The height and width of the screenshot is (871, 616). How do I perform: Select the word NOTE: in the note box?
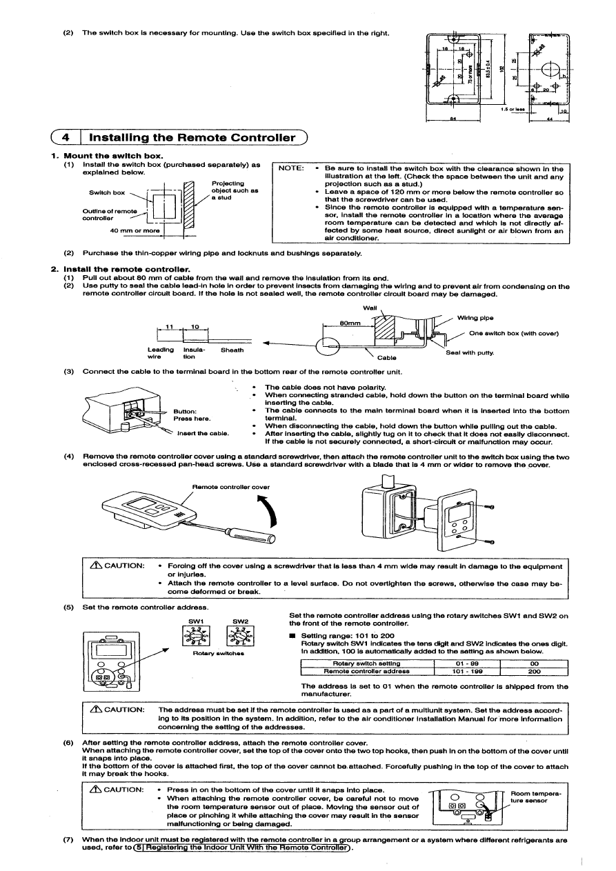[290, 169]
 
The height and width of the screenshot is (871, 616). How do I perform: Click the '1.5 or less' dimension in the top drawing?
[511, 108]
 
